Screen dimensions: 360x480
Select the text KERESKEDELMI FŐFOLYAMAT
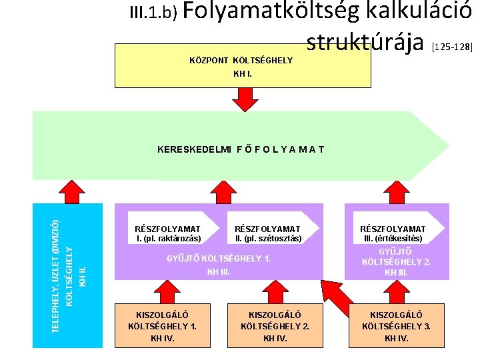click(240, 149)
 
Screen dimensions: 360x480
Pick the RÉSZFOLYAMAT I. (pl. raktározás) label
click(167, 233)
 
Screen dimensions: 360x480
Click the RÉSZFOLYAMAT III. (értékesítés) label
click(393, 233)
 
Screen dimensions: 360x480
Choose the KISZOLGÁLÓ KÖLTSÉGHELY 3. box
click(397, 326)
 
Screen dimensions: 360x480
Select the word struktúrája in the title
click(365, 42)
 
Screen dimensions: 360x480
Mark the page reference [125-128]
click(452, 47)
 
